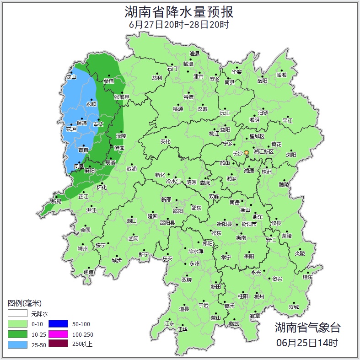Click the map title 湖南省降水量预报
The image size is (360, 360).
[x=179, y=11]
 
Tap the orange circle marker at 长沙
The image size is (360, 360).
[x=247, y=152]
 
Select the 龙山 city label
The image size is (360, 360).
[x=71, y=77]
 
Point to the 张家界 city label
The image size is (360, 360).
[x=122, y=97]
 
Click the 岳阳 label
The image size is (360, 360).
[x=262, y=81]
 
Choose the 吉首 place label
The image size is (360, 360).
[x=83, y=150]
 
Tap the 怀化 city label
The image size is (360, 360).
[x=102, y=188]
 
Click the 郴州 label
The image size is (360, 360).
[x=259, y=296]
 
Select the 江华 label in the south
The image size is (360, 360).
[x=183, y=329]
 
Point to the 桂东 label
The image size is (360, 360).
[x=308, y=277]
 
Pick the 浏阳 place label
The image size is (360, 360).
[x=291, y=155]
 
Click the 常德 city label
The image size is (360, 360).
[x=188, y=97]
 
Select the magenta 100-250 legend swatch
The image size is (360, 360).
[x=58, y=334]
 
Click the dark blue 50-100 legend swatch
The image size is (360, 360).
[x=58, y=324]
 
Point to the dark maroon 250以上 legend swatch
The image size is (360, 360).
[x=58, y=344]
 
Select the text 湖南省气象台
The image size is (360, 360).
[x=307, y=327]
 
